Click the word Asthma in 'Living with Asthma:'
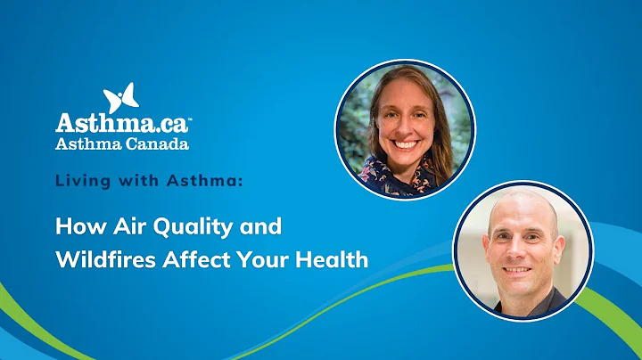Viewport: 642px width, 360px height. tap(202, 181)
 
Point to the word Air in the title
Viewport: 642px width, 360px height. tap(118, 226)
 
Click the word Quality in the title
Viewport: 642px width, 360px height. tap(185, 227)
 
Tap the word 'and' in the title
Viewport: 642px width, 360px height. tap(261, 226)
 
